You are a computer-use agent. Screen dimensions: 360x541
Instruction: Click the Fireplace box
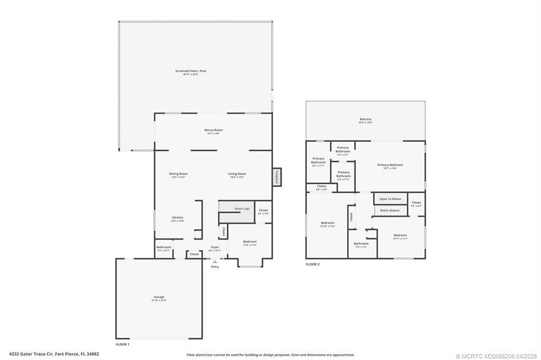coord(276,177)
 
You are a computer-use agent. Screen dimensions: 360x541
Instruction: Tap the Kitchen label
coord(178,219)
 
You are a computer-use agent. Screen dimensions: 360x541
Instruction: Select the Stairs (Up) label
coord(242,209)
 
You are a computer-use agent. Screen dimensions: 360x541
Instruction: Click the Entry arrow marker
coord(214,261)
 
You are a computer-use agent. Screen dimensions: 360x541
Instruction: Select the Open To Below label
coord(390,199)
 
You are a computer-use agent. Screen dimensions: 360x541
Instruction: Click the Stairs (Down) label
coord(390,210)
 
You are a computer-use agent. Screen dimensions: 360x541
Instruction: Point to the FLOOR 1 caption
coord(123,344)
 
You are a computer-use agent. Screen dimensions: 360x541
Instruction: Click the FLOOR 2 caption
coord(313,264)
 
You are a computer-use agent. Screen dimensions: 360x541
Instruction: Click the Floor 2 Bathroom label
coord(361,244)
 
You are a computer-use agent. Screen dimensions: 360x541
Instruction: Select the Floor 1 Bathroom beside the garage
coord(163,248)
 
